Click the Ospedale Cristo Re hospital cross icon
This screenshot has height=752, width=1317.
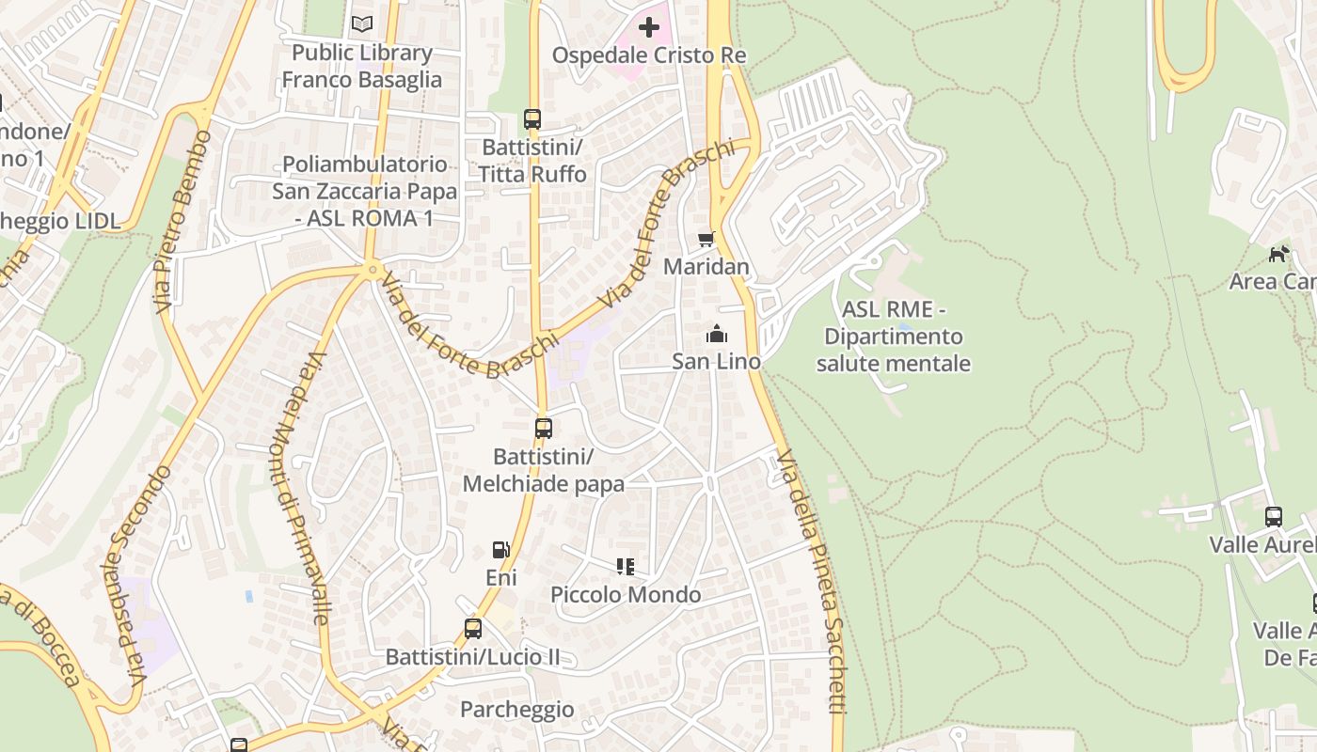648,27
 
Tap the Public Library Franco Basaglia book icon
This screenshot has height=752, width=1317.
362,23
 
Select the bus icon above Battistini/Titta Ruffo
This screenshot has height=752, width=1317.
532,119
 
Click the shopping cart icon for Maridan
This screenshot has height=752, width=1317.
706,239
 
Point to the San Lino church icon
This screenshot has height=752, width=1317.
717,334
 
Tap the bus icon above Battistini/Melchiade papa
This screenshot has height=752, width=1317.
544,429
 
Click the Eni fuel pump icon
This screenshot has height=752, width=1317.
501,550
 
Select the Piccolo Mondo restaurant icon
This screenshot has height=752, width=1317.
626,566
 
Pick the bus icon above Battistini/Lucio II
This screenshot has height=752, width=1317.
473,629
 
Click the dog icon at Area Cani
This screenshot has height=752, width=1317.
1278,254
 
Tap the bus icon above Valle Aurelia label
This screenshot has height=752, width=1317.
1274,516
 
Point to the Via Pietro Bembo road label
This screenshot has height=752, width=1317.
182,222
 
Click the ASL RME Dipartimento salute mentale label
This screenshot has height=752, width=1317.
893,337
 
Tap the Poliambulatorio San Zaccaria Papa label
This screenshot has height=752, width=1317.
365,192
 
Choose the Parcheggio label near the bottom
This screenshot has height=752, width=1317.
516,710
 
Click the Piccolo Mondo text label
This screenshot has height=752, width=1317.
626,595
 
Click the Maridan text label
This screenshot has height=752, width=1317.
706,267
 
